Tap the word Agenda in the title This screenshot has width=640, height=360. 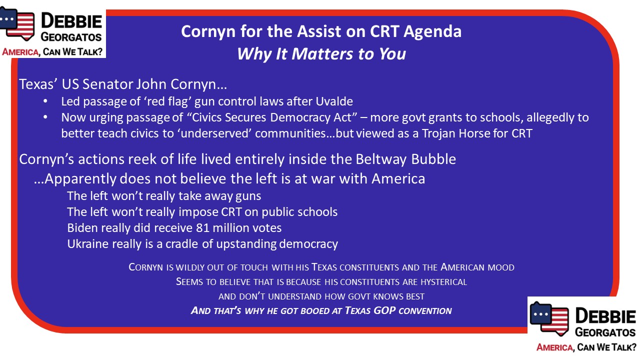coord(432,32)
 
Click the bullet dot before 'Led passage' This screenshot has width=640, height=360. coord(45,101)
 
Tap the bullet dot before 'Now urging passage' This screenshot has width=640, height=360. coord(45,117)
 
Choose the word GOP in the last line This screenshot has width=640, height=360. coord(384,310)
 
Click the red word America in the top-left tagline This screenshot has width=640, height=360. coord(20,52)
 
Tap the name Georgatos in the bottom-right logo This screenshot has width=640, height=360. coord(605,332)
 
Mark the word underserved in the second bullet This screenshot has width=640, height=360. coord(215,133)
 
